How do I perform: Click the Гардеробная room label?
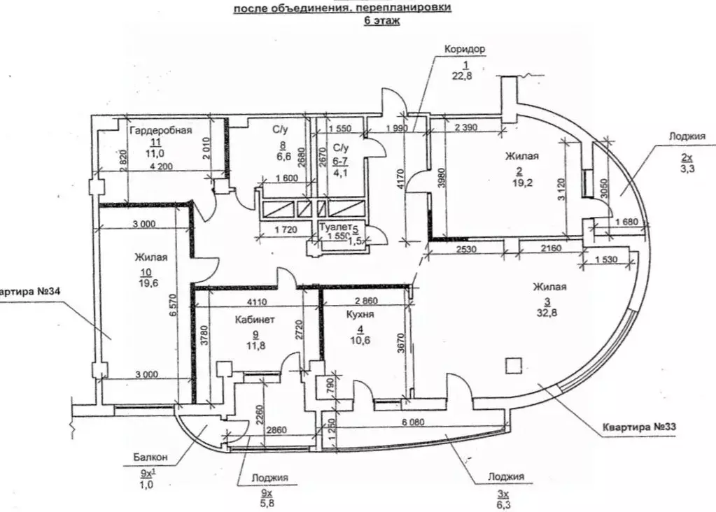pos(161,129)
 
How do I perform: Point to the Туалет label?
pos(335,227)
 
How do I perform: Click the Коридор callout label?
pos(465,50)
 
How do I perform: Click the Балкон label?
pos(148,459)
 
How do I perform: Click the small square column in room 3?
pos(514,365)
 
